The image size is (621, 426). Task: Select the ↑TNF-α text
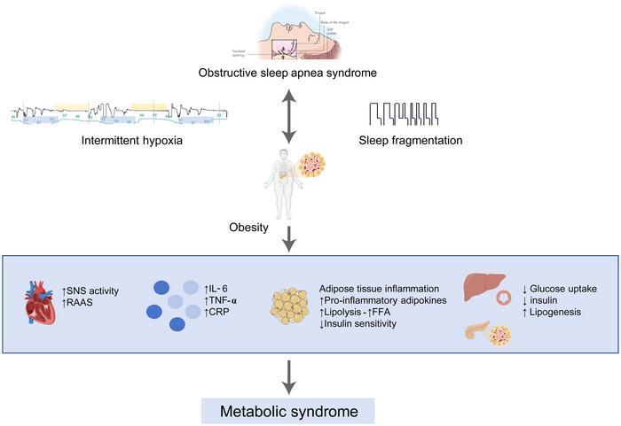(x=227, y=301)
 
